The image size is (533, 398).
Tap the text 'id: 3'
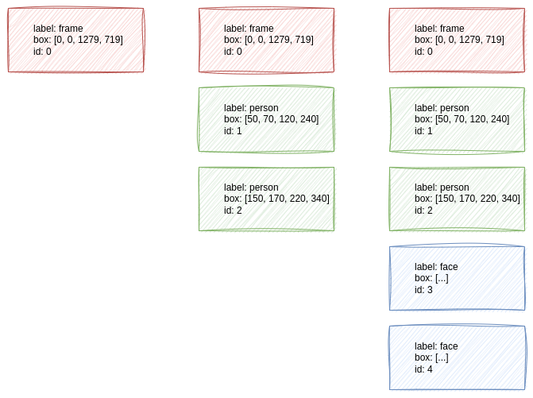(425, 291)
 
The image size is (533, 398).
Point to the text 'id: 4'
(425, 370)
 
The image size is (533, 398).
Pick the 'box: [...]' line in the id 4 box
(433, 358)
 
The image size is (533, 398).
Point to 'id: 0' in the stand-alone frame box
(42, 50)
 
